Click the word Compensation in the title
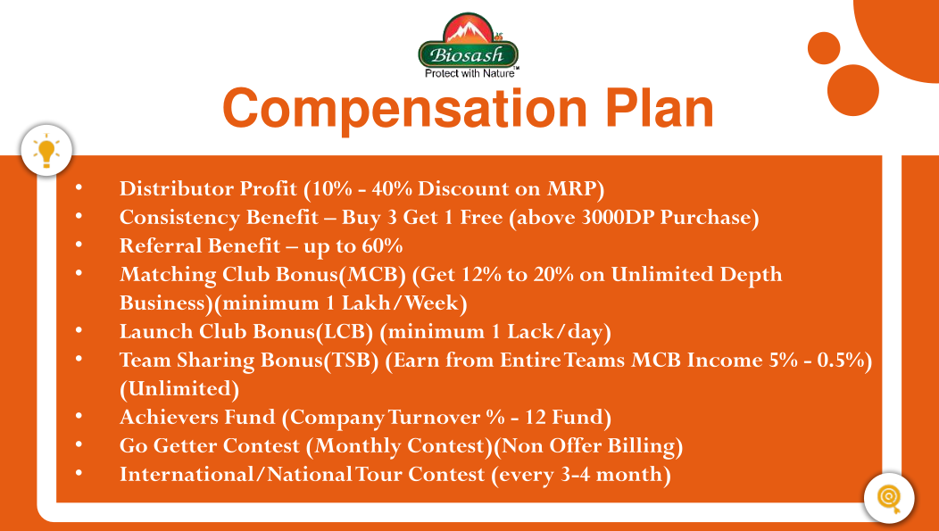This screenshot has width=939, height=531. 405,108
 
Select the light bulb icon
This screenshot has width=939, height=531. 46,151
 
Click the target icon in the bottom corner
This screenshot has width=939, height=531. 889,498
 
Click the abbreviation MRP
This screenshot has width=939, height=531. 571,188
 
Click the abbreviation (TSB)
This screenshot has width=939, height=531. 351,361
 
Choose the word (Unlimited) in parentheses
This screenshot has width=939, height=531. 179,389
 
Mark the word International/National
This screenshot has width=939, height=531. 236,475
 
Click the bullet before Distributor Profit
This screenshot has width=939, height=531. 79,187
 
